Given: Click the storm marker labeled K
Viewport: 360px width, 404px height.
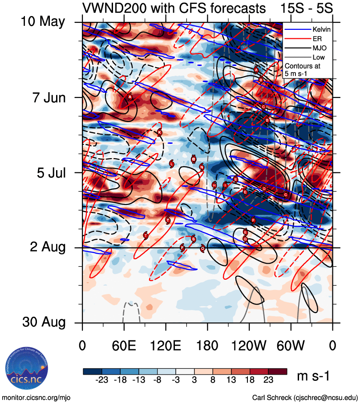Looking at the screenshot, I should (159, 132).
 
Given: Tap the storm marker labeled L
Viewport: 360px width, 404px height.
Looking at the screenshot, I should (172, 164).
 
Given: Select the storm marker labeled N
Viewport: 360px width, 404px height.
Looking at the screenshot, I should (202, 167).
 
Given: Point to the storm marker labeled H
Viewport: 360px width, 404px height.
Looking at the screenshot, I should (214, 185).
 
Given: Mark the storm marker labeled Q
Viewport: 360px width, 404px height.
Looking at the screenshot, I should (202, 249).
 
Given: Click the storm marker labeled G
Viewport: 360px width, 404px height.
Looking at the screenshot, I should (245, 239).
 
